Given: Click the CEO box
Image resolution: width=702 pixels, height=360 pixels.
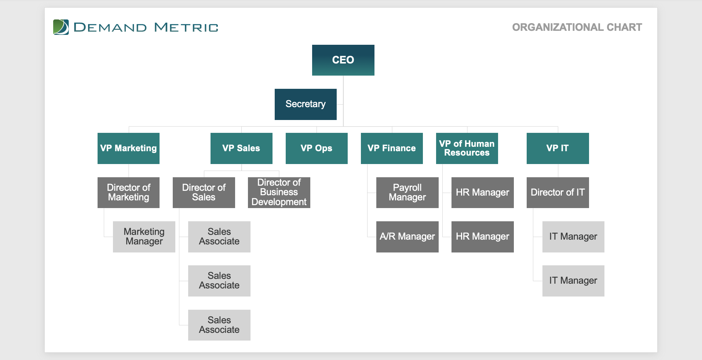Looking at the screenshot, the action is (x=343, y=60).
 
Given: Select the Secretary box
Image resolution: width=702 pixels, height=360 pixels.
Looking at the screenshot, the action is (x=306, y=104).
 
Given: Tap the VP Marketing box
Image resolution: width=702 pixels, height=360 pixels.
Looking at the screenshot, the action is (x=128, y=148).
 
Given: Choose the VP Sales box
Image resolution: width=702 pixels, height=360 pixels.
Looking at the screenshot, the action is (x=241, y=148).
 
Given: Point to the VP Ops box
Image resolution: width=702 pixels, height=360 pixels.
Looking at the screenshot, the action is (x=317, y=148).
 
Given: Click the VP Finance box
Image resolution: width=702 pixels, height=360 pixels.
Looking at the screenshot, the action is (x=392, y=148).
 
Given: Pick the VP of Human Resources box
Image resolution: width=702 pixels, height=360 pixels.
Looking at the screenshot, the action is (x=467, y=148).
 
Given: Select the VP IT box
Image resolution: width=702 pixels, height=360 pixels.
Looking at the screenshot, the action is (x=557, y=148).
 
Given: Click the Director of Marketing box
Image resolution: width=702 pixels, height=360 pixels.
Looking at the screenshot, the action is (x=128, y=193).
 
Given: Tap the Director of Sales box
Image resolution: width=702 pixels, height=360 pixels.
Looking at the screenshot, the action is (x=204, y=193).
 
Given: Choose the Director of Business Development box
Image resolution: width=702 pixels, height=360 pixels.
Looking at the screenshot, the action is (x=279, y=193).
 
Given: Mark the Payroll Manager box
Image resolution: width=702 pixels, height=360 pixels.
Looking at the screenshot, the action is (x=407, y=193).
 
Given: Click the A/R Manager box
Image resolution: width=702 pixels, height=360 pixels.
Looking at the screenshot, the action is (x=407, y=237).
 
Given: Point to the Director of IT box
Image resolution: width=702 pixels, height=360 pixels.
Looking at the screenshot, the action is (x=557, y=193).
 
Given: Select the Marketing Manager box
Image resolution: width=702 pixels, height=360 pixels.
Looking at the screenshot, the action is (x=144, y=237).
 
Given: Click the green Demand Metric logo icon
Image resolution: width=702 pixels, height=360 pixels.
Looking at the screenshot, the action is (x=61, y=27).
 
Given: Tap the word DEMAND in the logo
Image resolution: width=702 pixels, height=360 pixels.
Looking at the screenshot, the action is (x=110, y=28).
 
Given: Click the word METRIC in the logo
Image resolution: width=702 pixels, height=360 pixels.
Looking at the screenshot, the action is (x=186, y=28).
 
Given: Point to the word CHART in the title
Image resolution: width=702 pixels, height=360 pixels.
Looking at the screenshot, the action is (x=624, y=27).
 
